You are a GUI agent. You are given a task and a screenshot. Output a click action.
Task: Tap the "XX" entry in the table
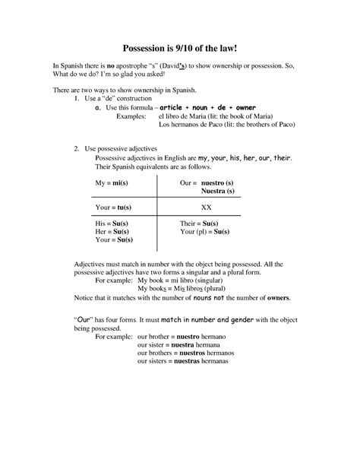coord(206,207)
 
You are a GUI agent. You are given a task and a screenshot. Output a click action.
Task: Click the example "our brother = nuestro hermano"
coord(188,335)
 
